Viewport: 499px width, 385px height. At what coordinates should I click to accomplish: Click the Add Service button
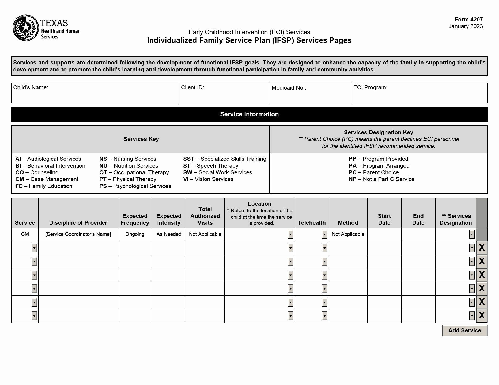[x=464, y=330]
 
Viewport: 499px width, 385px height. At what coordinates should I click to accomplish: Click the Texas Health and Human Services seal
[x=26, y=28]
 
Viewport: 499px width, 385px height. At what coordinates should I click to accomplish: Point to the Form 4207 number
[x=468, y=20]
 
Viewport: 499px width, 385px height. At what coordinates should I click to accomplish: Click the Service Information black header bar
[x=249, y=114]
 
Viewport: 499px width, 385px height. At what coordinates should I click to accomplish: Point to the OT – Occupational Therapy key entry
[x=134, y=172]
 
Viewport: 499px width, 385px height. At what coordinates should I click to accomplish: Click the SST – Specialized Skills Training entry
[x=225, y=159]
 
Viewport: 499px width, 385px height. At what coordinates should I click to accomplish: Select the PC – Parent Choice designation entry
[x=373, y=172]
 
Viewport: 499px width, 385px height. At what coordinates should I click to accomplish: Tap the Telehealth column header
[x=312, y=223]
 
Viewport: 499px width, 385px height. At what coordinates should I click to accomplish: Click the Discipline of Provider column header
[x=78, y=223]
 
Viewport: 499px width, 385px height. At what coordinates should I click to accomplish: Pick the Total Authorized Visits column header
[x=205, y=216]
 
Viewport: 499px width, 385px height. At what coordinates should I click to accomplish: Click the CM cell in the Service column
[x=25, y=234]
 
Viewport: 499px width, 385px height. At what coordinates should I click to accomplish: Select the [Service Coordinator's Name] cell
[x=78, y=234]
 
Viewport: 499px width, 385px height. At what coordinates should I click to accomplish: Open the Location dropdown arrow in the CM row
[x=290, y=234]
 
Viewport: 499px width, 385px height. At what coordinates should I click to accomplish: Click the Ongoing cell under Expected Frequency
[x=135, y=234]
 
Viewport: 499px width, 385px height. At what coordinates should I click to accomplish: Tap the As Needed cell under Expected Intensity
[x=169, y=234]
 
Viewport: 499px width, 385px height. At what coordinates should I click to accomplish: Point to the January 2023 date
[x=466, y=26]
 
